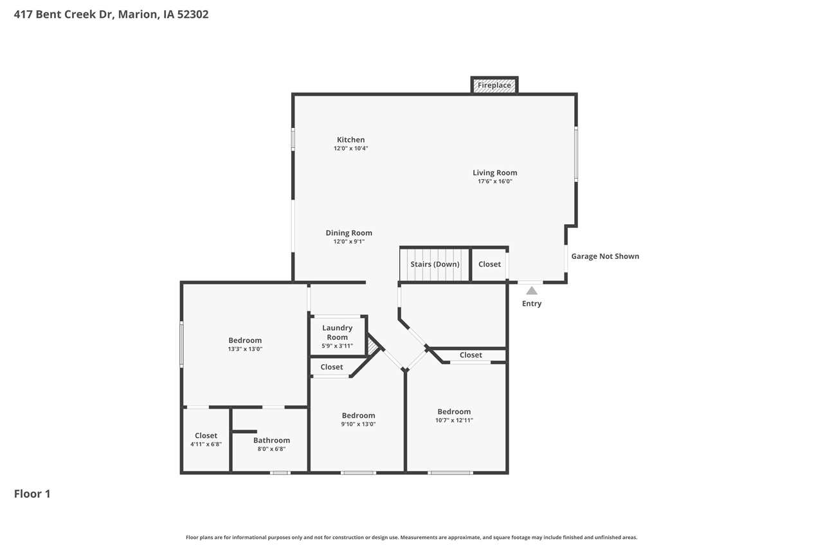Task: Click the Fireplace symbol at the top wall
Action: (x=494, y=85)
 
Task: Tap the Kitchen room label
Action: (x=350, y=139)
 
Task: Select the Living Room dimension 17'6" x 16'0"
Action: (x=494, y=181)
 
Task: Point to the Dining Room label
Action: (x=348, y=233)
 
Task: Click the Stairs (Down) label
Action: (x=435, y=264)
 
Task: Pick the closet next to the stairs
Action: (x=489, y=264)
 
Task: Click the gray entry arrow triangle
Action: (x=532, y=291)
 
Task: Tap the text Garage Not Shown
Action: (x=605, y=256)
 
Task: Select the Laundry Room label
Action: (x=337, y=332)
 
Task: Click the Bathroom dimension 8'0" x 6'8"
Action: (x=271, y=449)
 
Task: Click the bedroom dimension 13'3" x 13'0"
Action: (x=245, y=349)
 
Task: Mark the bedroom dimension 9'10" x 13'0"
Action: (x=358, y=424)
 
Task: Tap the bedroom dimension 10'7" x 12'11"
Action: (x=454, y=420)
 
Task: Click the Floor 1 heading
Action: (x=32, y=494)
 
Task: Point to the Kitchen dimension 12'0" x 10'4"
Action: (x=350, y=148)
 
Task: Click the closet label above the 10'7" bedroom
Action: (x=471, y=355)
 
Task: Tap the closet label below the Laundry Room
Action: (x=332, y=367)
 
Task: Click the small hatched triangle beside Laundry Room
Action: (x=372, y=348)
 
